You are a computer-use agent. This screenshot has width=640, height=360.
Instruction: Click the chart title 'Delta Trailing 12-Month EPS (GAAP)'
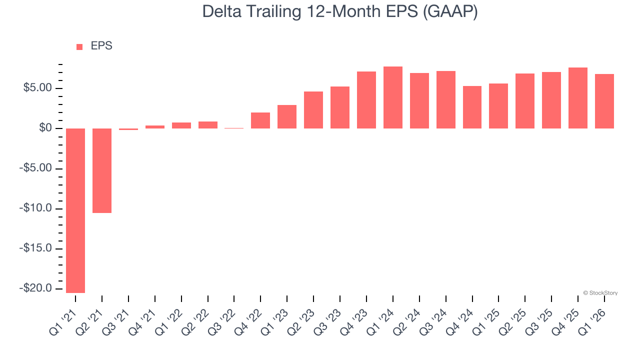tap(340, 12)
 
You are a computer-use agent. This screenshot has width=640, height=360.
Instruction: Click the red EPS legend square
tap(79, 47)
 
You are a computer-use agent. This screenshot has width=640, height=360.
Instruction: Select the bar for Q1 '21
tap(75, 210)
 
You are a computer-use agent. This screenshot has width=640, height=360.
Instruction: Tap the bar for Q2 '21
tap(102, 170)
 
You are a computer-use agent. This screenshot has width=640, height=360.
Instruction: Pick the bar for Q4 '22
tap(260, 120)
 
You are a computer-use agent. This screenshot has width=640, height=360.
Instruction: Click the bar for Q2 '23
tap(313, 110)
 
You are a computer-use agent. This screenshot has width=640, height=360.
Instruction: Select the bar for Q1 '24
tap(393, 97)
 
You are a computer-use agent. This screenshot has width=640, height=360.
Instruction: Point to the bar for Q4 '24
tap(472, 107)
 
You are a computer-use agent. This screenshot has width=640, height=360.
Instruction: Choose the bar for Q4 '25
tap(578, 98)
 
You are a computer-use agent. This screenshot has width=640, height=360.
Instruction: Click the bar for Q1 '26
tap(604, 101)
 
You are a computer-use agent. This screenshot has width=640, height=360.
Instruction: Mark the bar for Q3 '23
tap(340, 107)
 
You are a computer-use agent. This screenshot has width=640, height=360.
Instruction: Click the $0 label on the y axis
tap(46, 128)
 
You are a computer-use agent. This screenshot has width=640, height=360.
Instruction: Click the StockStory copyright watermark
tap(600, 293)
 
